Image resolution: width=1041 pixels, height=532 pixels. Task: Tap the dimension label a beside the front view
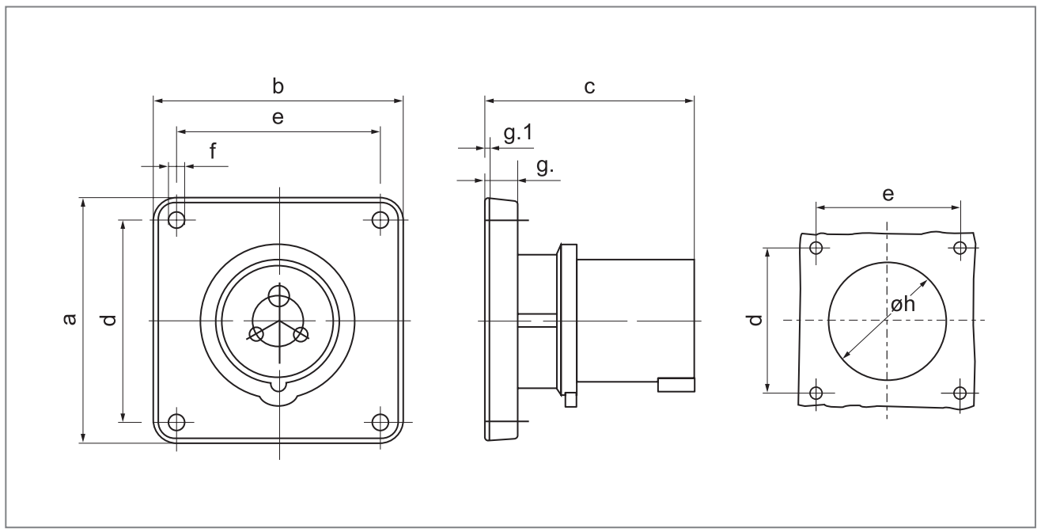pyautogui.click(x=70, y=319)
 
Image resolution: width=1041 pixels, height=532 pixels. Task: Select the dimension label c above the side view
pyautogui.click(x=589, y=86)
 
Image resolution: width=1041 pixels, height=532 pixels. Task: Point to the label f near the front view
pyautogui.click(x=213, y=151)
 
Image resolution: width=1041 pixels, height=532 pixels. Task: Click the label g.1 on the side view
pyautogui.click(x=517, y=134)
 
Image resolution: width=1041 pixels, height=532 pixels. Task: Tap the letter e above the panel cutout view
pyautogui.click(x=888, y=194)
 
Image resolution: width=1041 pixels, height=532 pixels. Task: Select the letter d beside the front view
pyautogui.click(x=109, y=319)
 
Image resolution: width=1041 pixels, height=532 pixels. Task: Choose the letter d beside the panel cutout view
pyautogui.click(x=755, y=319)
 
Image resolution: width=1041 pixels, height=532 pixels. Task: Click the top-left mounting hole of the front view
pyautogui.click(x=176, y=219)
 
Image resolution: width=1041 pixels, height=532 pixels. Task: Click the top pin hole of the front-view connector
pyautogui.click(x=278, y=296)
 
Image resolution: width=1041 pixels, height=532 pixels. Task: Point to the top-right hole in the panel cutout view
pyautogui.click(x=960, y=248)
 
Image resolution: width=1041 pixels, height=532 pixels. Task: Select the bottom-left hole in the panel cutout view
pyautogui.click(x=817, y=392)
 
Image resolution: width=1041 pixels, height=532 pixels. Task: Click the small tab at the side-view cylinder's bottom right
pyautogui.click(x=676, y=385)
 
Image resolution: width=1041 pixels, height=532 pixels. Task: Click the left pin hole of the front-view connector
pyautogui.click(x=257, y=334)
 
